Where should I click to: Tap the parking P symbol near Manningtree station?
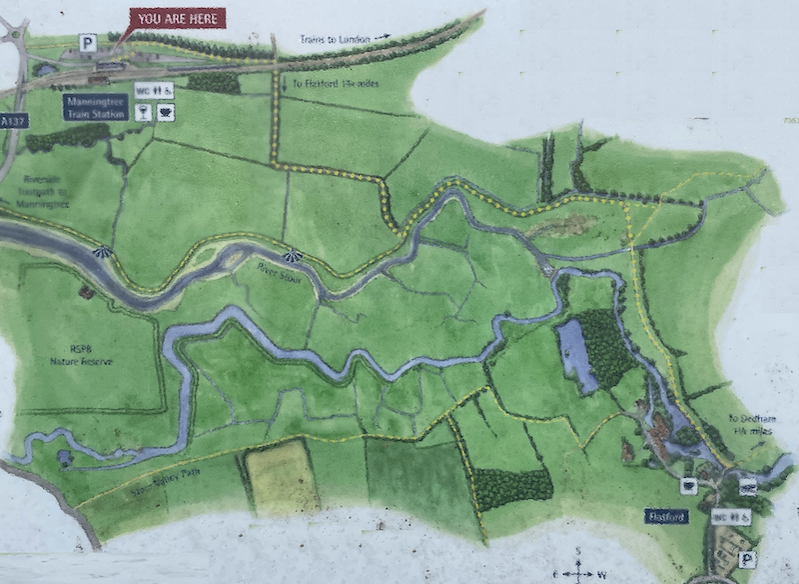click(88, 43)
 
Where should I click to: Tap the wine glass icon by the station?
click(142, 112)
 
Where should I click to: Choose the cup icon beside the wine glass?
click(165, 112)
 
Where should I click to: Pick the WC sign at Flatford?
click(730, 517)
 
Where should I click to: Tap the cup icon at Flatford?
click(688, 485)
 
